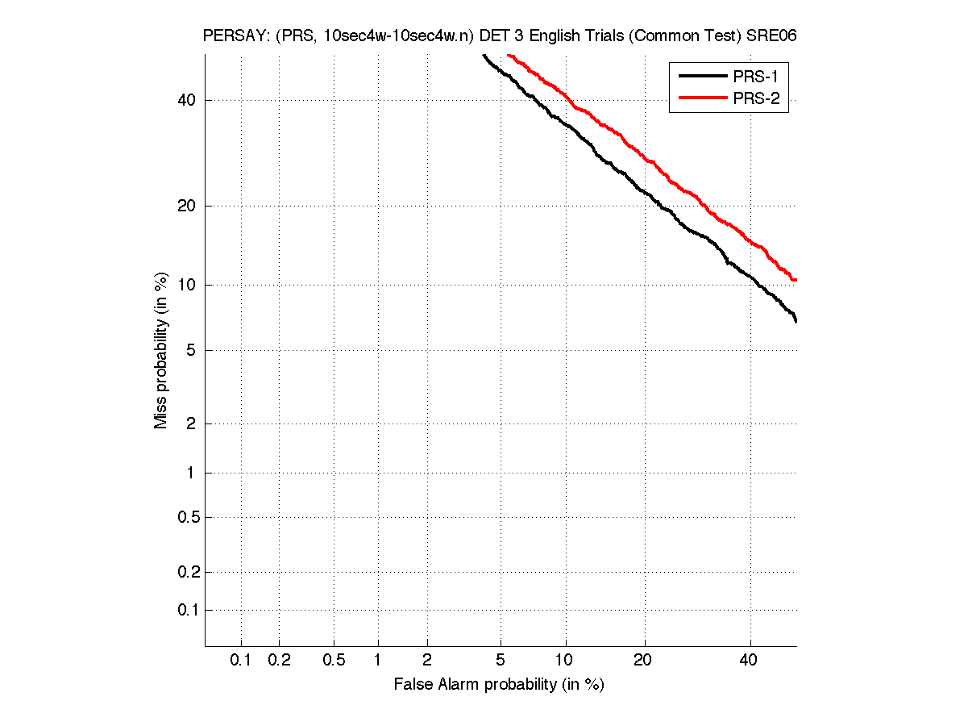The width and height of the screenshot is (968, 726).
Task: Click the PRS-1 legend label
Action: [755, 77]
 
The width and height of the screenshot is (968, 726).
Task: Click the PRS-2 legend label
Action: [755, 99]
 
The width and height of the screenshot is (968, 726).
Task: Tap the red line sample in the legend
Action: [701, 99]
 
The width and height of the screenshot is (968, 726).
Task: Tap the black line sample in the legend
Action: [701, 77]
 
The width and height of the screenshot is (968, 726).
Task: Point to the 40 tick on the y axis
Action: [185, 100]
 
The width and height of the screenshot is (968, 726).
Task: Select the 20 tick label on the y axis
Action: [185, 206]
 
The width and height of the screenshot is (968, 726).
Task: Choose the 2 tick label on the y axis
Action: [190, 423]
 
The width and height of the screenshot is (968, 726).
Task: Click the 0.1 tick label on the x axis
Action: [241, 661]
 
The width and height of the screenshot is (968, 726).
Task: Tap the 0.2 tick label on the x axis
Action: [279, 661]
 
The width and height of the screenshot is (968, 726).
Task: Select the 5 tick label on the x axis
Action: [501, 661]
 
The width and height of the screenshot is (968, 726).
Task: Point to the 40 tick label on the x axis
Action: [750, 661]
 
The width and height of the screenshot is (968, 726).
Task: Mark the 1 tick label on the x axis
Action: [377, 661]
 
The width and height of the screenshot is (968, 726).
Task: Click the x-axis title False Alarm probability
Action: [499, 684]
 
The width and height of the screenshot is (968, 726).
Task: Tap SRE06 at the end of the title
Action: [771, 36]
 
